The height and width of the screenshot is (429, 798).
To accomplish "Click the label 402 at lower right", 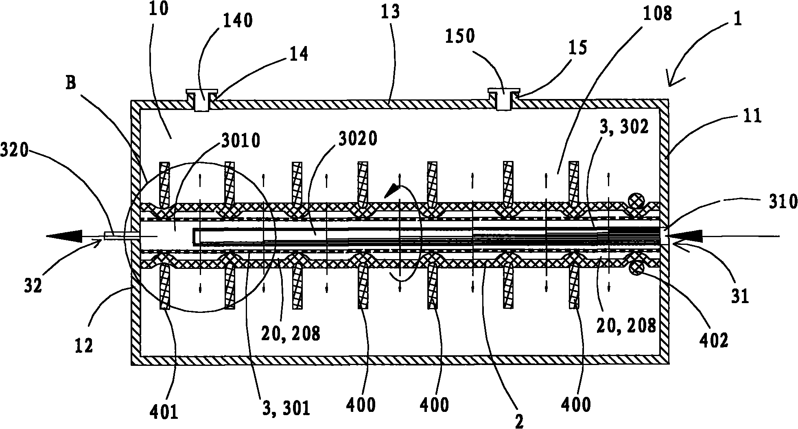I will [x=716, y=340].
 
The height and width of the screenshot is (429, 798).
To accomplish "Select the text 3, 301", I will [x=285, y=408].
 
